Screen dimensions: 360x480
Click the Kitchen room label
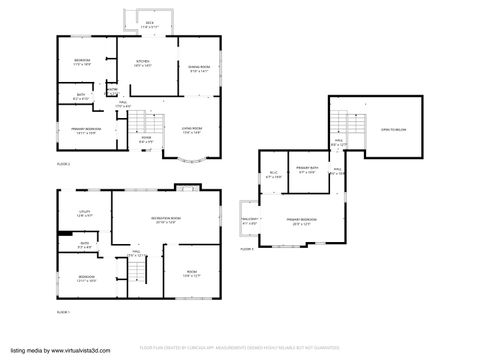143,63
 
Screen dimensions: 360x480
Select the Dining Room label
198,69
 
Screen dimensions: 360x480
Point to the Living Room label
190,129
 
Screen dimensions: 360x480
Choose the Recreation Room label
166,220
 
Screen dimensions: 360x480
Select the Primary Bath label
307,170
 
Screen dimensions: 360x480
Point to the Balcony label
251,220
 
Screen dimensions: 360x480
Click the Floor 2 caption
62,163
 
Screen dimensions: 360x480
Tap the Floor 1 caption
62,313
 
